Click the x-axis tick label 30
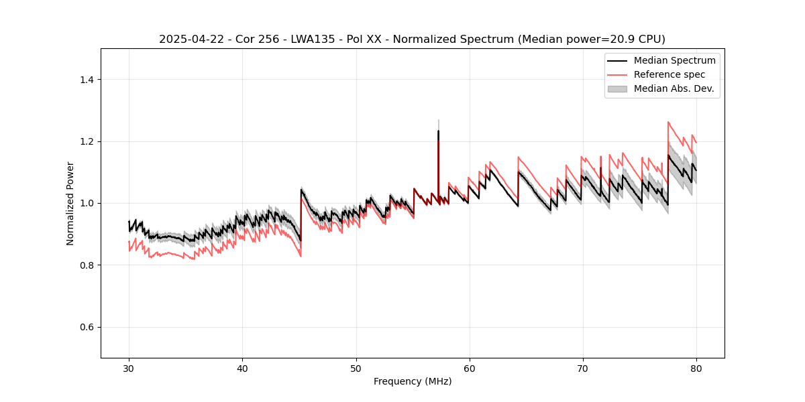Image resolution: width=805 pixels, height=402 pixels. (129, 368)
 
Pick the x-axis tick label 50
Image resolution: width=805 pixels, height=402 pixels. (356, 368)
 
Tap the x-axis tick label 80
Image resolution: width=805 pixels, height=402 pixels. (696, 368)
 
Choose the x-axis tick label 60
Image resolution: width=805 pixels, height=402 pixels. (470, 368)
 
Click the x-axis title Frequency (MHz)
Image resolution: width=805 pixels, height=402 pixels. (413, 381)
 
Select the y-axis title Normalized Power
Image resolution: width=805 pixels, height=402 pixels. (70, 203)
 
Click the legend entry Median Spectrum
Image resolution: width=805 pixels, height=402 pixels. (674, 60)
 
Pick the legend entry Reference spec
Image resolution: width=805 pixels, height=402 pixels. (669, 74)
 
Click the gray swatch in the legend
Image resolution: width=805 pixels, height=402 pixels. (617, 88)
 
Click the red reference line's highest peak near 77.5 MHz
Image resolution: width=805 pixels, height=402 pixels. (668, 122)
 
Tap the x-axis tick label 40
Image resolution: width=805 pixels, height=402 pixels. (243, 368)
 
